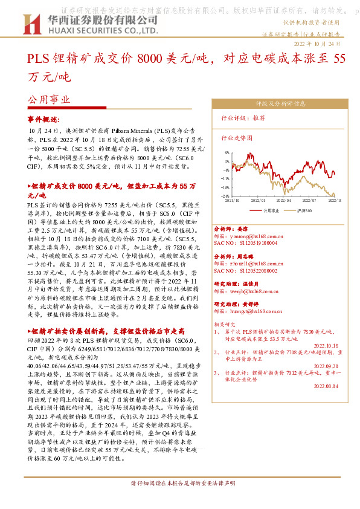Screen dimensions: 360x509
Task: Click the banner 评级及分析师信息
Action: [x=277, y=103]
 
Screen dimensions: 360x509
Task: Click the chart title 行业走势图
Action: [x=237, y=138]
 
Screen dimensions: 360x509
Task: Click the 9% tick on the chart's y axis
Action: [x=226, y=153]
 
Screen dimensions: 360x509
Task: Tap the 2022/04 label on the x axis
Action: [x=284, y=199]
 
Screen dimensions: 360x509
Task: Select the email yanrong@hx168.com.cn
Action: [x=248, y=237]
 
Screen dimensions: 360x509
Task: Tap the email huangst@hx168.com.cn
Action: [x=247, y=311]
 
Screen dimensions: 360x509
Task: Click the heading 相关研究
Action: [x=227, y=324]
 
